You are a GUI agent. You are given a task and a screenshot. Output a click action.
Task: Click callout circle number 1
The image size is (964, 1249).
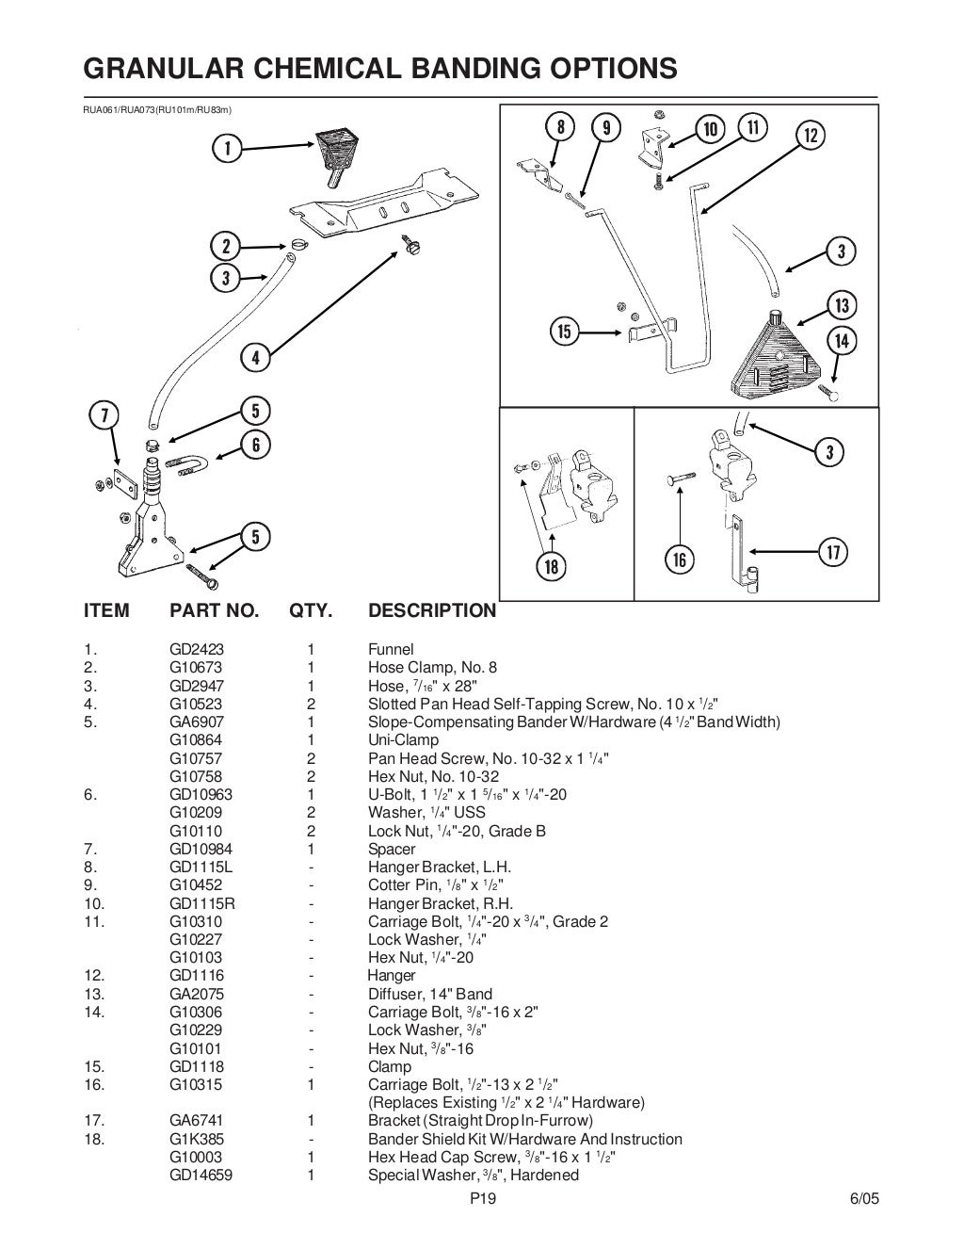click(x=227, y=148)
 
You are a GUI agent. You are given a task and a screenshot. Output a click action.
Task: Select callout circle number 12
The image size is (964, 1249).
click(x=811, y=136)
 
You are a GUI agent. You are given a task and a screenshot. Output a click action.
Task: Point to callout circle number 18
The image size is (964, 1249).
click(x=552, y=566)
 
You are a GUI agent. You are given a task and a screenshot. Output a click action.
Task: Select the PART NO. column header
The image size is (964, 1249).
click(x=214, y=610)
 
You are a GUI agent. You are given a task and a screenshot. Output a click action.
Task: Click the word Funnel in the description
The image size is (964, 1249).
click(x=391, y=649)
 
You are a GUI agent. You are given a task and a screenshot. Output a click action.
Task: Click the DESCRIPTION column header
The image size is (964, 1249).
click(x=431, y=610)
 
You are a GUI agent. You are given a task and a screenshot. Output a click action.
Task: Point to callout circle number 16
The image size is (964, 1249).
click(x=679, y=560)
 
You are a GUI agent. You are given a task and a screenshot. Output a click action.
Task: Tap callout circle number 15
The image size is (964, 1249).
click(x=565, y=332)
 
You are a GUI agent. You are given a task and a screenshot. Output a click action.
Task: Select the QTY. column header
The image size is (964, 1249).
click(x=311, y=610)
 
